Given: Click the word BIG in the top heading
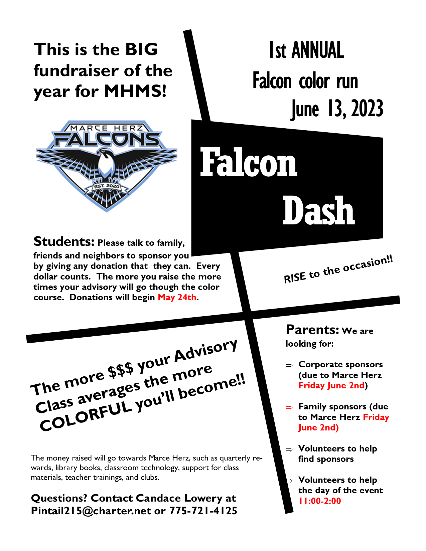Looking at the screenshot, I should [x=141, y=49].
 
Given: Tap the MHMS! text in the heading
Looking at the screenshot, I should [x=135, y=91].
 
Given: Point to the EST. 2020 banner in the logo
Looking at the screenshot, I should [x=107, y=186].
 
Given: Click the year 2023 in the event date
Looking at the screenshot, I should [x=367, y=109].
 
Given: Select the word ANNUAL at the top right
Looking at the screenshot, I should [x=317, y=50].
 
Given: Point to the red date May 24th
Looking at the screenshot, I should [x=177, y=297].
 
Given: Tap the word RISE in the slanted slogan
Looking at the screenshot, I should [x=295, y=277].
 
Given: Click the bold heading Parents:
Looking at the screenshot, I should [x=313, y=330].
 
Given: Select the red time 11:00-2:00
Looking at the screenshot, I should [x=320, y=501].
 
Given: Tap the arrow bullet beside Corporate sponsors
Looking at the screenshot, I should [x=289, y=365].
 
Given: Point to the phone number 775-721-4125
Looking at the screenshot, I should [x=203, y=511].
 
